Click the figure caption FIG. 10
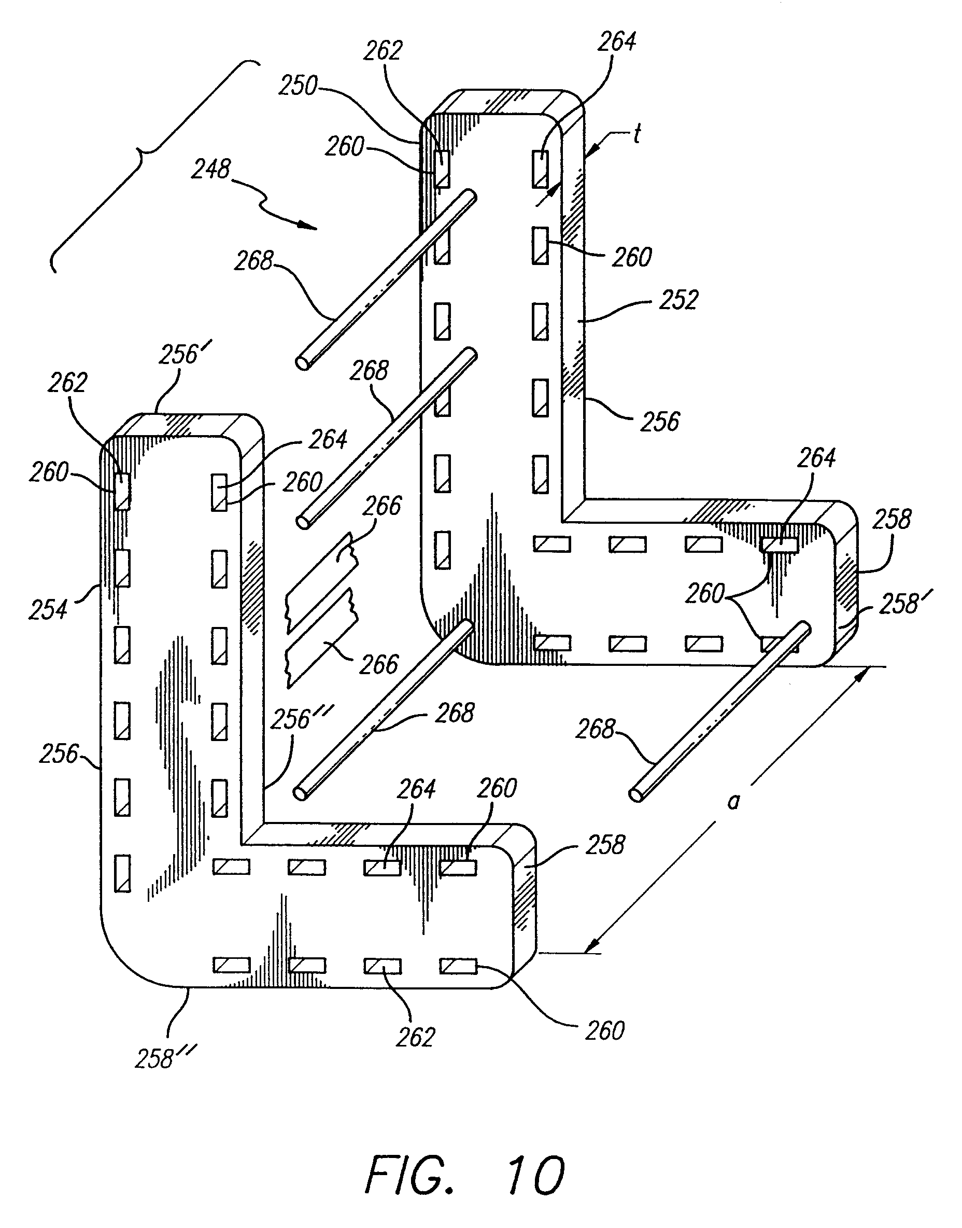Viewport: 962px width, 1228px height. tap(464, 1174)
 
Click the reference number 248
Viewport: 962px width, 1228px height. tap(210, 169)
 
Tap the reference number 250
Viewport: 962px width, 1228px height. tap(298, 86)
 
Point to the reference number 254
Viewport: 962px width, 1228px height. tap(48, 609)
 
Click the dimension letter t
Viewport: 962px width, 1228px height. tap(636, 134)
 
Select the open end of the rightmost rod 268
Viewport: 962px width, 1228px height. tap(635, 794)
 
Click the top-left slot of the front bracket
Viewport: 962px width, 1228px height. tap(122, 491)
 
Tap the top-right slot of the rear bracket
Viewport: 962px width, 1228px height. tap(540, 169)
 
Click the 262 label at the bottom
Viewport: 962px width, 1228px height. tap(415, 1037)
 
